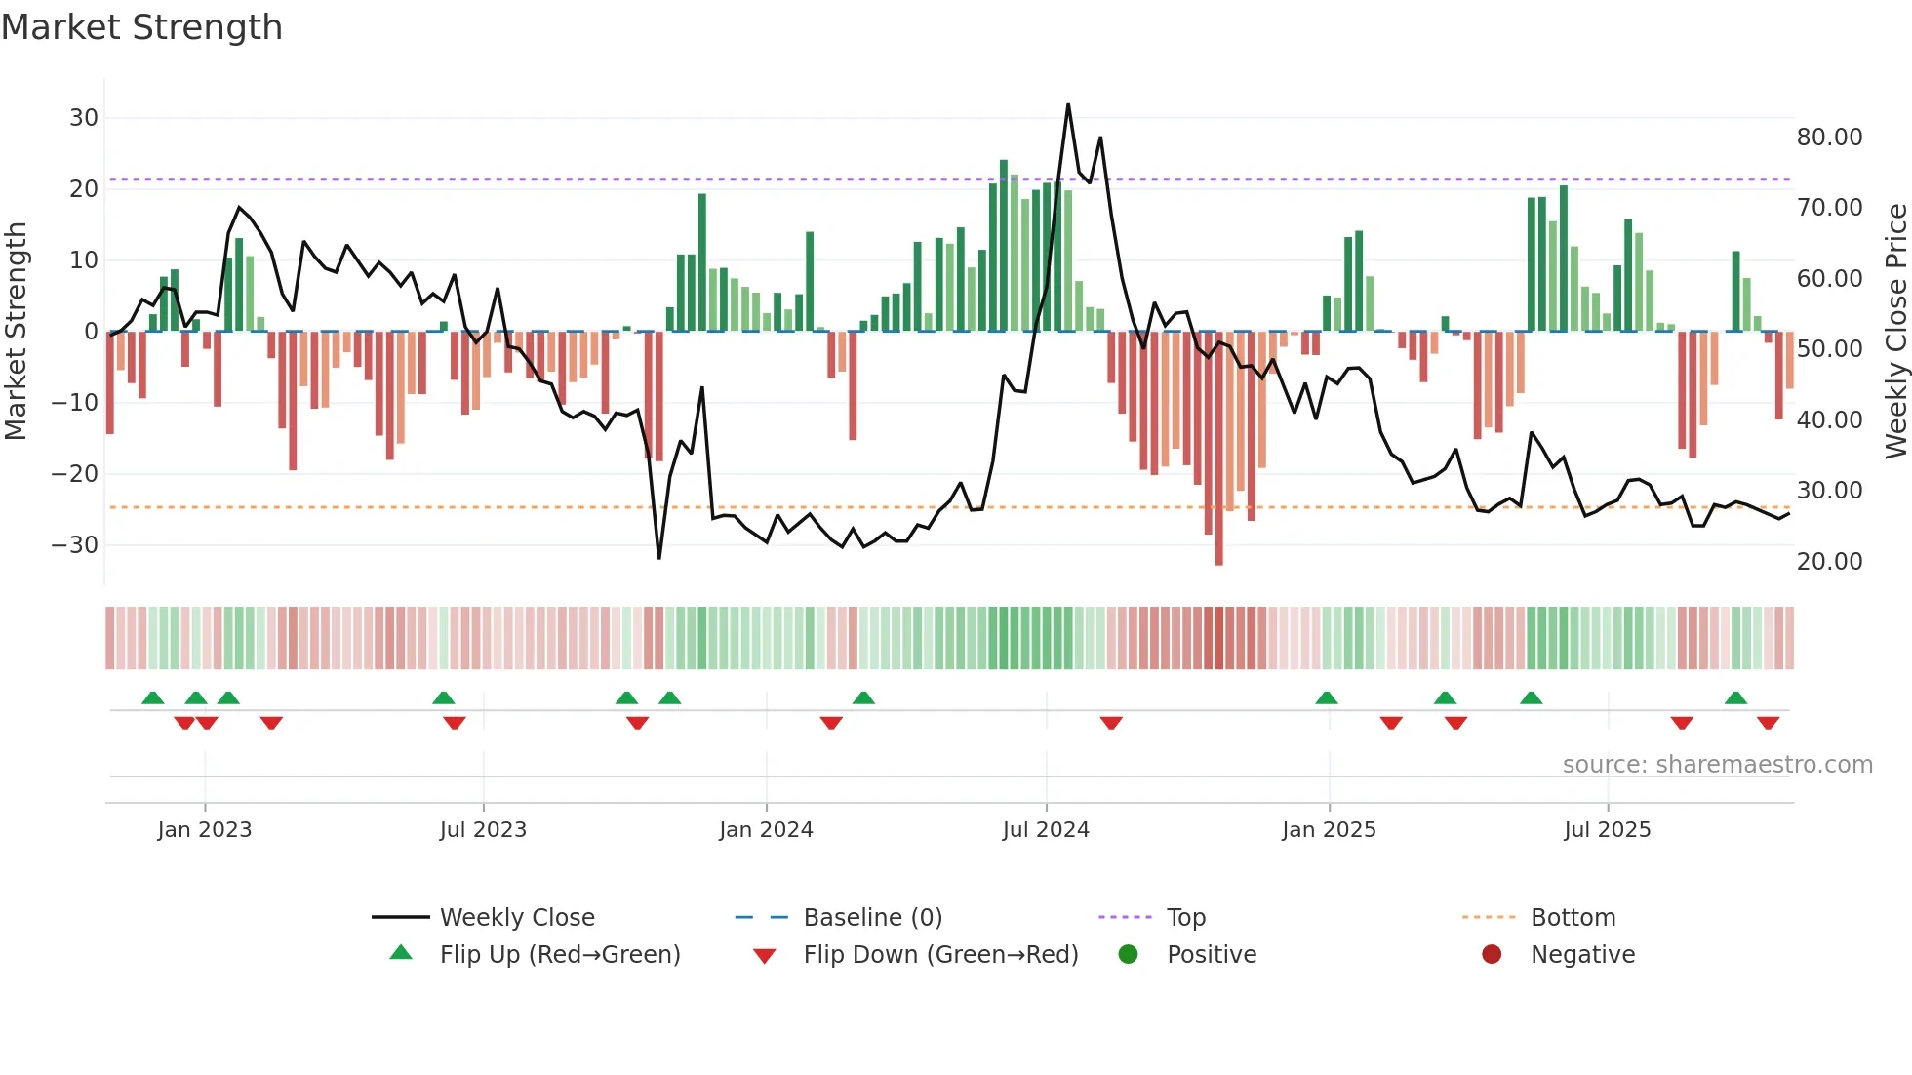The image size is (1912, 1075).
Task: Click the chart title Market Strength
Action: [141, 27]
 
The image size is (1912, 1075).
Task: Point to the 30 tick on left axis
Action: [84, 118]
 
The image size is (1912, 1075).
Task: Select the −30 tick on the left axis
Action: [76, 544]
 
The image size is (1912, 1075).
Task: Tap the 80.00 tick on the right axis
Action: [1829, 138]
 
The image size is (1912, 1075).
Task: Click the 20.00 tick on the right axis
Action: [1829, 562]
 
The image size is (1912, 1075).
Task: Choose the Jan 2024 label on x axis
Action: [766, 830]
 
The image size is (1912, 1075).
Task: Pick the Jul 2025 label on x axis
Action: [1607, 830]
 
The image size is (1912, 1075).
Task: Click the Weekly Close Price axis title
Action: [1895, 332]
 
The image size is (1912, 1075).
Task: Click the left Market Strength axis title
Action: [16, 332]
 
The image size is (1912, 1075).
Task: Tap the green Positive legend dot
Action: [1129, 955]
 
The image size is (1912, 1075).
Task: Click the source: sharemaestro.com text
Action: [1717, 765]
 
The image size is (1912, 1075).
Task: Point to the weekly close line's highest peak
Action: [1068, 104]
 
